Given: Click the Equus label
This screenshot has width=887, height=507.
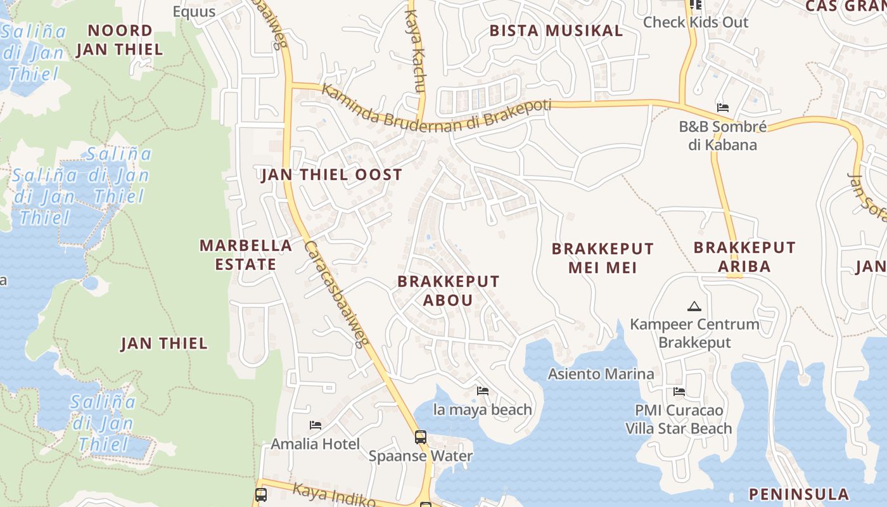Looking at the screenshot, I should coord(194,11).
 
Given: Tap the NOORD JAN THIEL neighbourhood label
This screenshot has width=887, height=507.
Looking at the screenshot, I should coord(120,39).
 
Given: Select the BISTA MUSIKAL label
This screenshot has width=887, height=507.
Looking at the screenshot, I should coord(556,30).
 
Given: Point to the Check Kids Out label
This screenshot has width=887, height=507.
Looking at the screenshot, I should coord(696,22).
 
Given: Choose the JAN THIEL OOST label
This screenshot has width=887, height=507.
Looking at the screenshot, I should coord(332,175).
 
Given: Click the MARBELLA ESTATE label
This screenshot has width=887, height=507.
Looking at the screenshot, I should coord(246,255).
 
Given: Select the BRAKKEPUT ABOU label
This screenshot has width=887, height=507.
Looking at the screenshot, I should coord(449,290).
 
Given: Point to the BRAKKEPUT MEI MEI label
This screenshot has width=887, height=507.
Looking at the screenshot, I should coord(602,258).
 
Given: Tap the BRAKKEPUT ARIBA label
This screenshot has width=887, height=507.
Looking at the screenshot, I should coord(744,257).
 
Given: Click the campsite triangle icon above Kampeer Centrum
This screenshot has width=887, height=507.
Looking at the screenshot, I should coord(694,307).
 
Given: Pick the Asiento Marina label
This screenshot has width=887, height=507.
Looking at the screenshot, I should coord(601,374).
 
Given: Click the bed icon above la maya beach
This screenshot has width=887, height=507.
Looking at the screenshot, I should coord(483,391).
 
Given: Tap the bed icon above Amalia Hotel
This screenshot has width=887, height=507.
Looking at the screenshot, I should coord(316,425).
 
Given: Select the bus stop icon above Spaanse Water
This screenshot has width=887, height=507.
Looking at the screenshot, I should coord(420,437).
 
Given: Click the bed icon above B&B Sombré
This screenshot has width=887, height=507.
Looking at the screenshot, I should coord(722,108).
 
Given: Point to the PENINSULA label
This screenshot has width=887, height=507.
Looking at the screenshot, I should coord(798,494).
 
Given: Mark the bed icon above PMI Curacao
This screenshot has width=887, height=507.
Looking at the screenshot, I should coord(679,392).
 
